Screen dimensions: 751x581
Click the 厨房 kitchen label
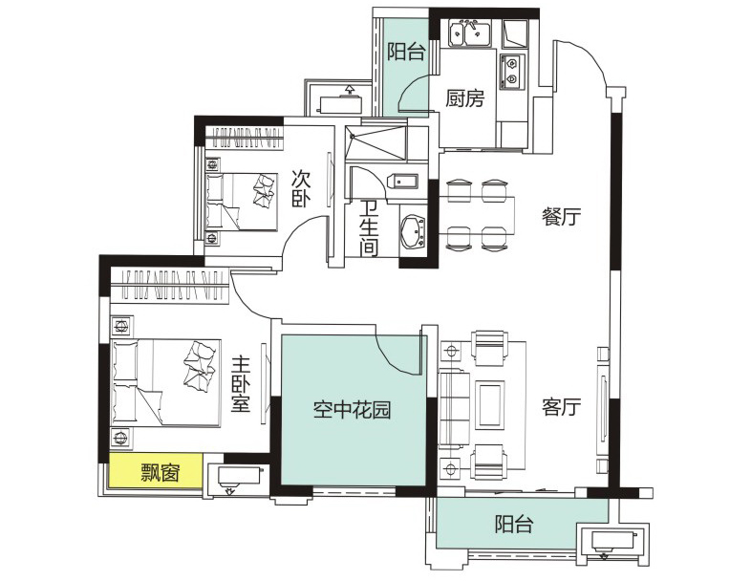coord(464,98)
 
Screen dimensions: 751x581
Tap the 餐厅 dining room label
coord(561,217)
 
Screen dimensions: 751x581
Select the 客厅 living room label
coord(561,407)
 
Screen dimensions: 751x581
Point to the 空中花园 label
coord(352,410)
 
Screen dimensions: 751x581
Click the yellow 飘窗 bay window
coord(156,471)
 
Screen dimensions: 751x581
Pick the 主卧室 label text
coord(241,384)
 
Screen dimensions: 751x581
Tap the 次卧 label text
coord(302,189)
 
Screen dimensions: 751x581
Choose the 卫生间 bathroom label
coord(369,228)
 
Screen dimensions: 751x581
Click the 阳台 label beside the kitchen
coord(406,52)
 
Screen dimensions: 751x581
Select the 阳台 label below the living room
coord(514,525)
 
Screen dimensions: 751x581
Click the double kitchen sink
coord(472,32)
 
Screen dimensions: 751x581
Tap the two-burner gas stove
coord(511,72)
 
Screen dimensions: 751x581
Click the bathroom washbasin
coord(413,232)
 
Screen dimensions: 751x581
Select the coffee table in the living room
coord(489,405)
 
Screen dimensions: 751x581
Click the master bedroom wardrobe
coord(168,286)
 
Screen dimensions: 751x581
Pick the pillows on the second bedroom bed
coord(264,190)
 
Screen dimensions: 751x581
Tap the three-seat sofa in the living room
coord(453,409)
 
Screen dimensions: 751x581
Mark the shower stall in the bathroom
coord(376,142)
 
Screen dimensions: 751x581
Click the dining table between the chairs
coord(477,215)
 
